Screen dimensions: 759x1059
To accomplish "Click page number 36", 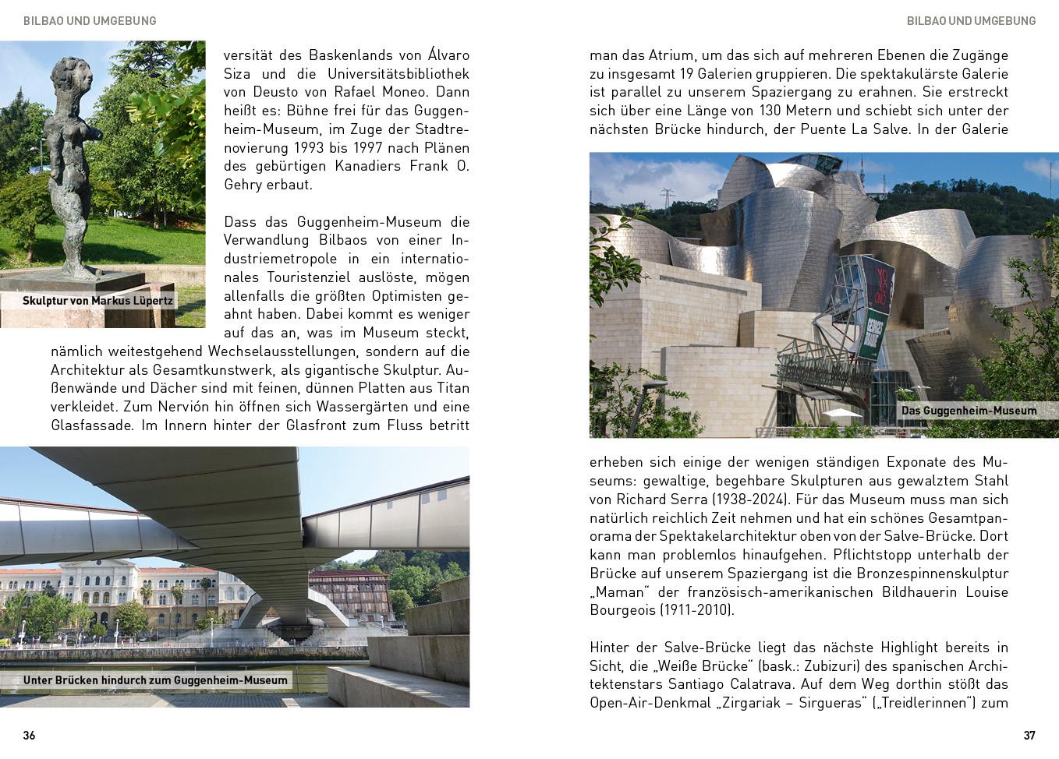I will [29, 735].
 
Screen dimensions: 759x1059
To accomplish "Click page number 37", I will [1029, 735].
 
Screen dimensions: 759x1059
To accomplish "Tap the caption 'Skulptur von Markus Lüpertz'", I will [97, 301].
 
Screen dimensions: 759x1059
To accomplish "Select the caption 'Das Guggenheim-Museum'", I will [969, 411].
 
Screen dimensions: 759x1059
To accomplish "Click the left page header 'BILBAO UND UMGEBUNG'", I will [90, 21].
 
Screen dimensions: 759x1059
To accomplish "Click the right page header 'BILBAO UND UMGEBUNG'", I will [971, 21].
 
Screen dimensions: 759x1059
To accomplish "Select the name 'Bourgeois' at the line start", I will [622, 610].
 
